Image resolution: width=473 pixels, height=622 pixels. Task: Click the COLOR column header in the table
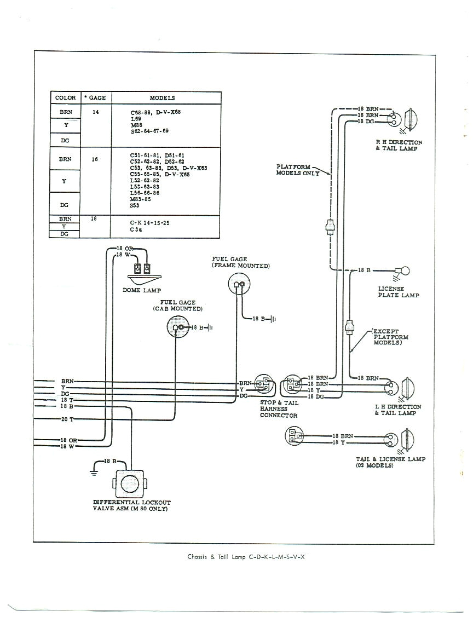65,98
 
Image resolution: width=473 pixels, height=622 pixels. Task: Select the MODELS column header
162,98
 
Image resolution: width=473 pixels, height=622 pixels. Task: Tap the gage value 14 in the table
96,112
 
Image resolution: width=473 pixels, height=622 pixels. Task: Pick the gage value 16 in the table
96,160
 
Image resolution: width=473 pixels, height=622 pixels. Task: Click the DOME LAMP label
142,290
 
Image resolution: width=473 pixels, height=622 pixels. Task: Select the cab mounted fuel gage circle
177,327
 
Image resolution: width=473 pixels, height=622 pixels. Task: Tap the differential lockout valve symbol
130,484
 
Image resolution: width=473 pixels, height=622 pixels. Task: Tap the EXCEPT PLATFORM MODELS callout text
390,337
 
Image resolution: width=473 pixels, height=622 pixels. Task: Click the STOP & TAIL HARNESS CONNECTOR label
279,409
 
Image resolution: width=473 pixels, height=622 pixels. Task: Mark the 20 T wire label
67,419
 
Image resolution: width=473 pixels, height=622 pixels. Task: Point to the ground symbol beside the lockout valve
94,470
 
